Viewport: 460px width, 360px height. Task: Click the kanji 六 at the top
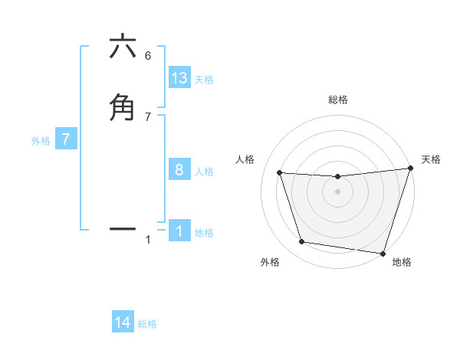pyautogui.click(x=123, y=47)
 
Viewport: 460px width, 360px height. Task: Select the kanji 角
pyautogui.click(x=123, y=106)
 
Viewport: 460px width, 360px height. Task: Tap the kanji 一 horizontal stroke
pyautogui.click(x=123, y=228)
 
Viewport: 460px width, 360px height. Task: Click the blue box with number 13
pyautogui.click(x=179, y=78)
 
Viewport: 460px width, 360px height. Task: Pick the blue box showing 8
pyautogui.click(x=179, y=170)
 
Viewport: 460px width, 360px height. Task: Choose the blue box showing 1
pyautogui.click(x=179, y=231)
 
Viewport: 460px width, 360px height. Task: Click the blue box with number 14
pyautogui.click(x=123, y=322)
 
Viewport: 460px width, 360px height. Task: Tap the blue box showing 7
pyautogui.click(x=66, y=139)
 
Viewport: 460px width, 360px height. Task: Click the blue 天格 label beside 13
pyautogui.click(x=204, y=80)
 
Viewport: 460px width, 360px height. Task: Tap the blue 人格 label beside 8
pyautogui.click(x=204, y=172)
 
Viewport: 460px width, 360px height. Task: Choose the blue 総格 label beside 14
pyautogui.click(x=147, y=324)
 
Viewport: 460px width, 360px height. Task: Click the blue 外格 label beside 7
pyautogui.click(x=41, y=141)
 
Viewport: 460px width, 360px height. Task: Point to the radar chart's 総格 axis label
pyautogui.click(x=337, y=100)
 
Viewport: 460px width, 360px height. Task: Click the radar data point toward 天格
pyautogui.click(x=410, y=169)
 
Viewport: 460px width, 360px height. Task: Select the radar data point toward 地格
pyautogui.click(x=383, y=253)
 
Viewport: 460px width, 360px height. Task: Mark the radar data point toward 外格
pyautogui.click(x=302, y=242)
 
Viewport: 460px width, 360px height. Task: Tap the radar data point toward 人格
pyautogui.click(x=280, y=173)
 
